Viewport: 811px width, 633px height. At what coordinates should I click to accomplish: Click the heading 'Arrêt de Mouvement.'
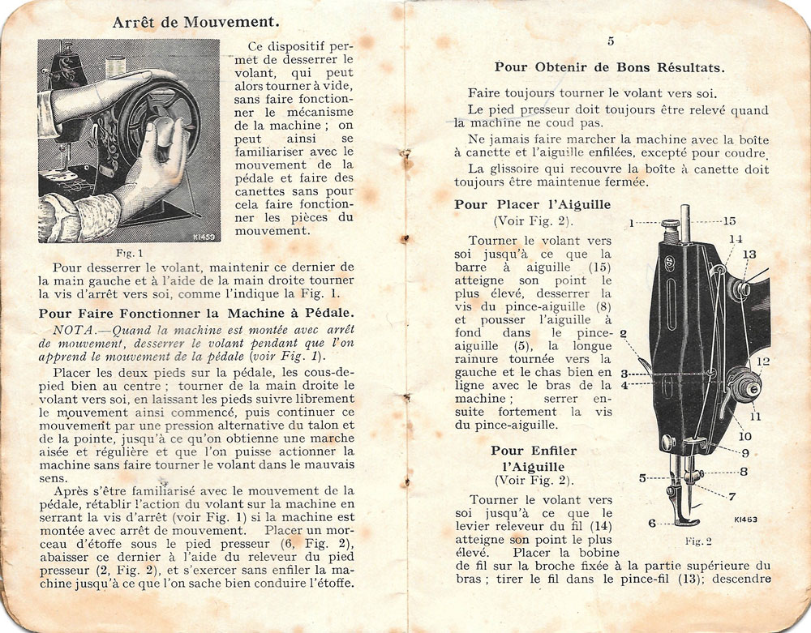click(x=197, y=22)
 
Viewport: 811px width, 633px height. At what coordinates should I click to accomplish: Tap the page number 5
click(x=610, y=41)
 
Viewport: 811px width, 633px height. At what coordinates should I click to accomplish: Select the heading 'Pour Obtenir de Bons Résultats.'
click(x=610, y=68)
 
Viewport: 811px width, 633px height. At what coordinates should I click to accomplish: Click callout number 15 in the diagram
click(x=729, y=220)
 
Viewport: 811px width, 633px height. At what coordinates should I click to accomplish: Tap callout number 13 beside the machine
click(x=749, y=254)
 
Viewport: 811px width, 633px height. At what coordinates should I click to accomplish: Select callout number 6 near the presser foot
click(x=652, y=524)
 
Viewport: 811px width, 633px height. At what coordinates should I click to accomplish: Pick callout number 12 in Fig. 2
click(x=763, y=361)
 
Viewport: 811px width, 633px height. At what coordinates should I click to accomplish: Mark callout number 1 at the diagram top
click(x=632, y=221)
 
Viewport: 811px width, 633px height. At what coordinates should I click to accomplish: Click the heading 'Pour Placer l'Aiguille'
click(x=533, y=205)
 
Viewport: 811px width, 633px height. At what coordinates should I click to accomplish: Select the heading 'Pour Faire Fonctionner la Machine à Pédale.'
click(x=196, y=313)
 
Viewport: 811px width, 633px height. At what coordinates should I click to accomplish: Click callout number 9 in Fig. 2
click(x=744, y=452)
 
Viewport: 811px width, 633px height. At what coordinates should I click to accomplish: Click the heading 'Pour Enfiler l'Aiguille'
click(x=533, y=458)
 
